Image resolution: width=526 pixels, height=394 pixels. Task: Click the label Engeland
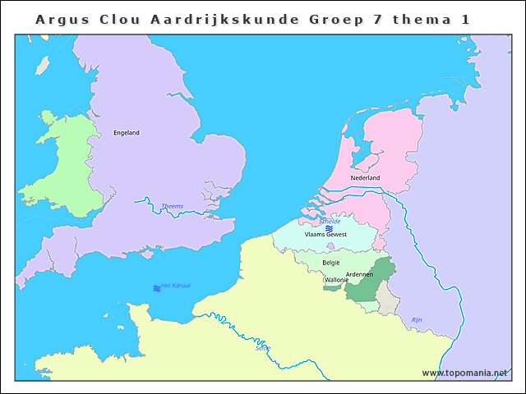pyautogui.click(x=127, y=133)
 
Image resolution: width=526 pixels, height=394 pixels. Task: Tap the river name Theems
pyautogui.click(x=173, y=206)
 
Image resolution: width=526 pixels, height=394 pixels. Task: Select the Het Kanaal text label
pyautogui.click(x=176, y=285)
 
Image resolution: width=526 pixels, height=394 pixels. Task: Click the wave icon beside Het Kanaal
pyautogui.click(x=156, y=288)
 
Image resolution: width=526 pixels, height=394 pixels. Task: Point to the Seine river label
pyautogui.click(x=263, y=347)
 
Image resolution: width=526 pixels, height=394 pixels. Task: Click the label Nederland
pyautogui.click(x=365, y=178)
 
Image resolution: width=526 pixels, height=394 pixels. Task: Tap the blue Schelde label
pyautogui.click(x=330, y=222)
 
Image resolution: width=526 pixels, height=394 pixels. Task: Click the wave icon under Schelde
pyautogui.click(x=329, y=228)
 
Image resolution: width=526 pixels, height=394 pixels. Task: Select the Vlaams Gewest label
pyautogui.click(x=325, y=235)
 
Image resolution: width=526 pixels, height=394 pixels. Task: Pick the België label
pyautogui.click(x=331, y=263)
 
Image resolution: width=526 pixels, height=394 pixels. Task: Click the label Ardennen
pyautogui.click(x=359, y=274)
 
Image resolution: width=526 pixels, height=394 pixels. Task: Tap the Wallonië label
pyautogui.click(x=337, y=281)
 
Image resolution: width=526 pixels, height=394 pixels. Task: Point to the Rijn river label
pyautogui.click(x=417, y=319)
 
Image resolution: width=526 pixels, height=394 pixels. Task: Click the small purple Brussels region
pyautogui.click(x=330, y=245)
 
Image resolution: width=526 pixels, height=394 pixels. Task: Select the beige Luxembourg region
pyautogui.click(x=386, y=300)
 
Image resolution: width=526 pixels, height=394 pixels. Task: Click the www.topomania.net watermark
pyautogui.click(x=464, y=373)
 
